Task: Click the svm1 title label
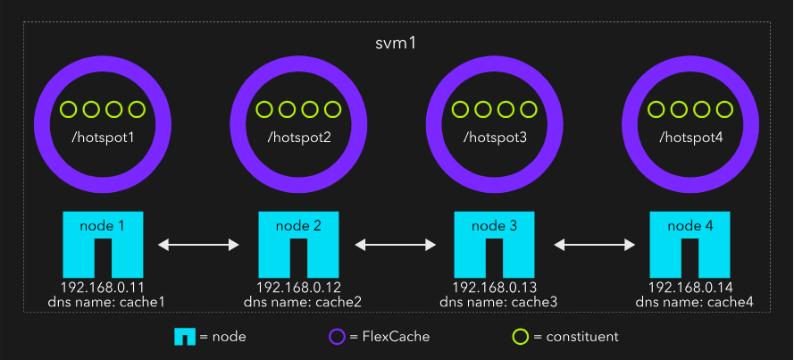396,44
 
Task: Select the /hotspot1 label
103,138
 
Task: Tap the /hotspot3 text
494,138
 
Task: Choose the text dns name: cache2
298,302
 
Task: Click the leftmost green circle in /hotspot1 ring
68,110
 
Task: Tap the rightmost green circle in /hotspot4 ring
724,110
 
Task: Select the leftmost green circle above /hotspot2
264,110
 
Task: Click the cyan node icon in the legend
184,337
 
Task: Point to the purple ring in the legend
337,337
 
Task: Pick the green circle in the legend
519,337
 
